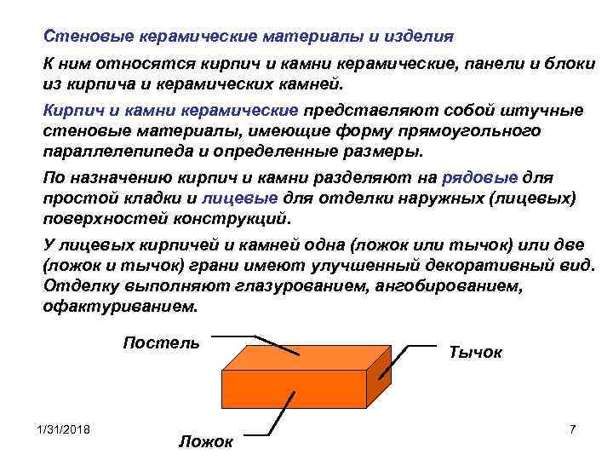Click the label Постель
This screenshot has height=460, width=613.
161,343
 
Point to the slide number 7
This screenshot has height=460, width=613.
572,429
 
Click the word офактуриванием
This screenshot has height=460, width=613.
119,306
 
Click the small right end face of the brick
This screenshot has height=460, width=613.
379,382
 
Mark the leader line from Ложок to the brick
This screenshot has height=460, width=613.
281,410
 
